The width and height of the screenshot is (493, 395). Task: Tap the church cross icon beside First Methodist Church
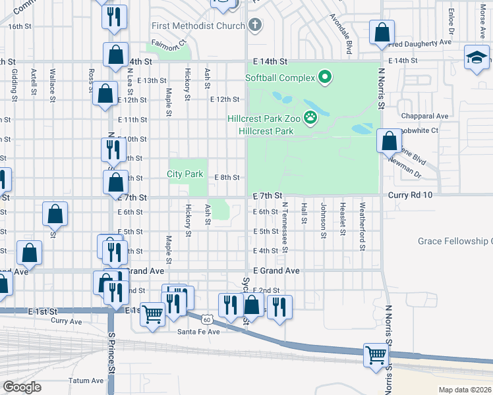[x=254, y=26]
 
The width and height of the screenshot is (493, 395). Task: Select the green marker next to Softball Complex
[x=324, y=78]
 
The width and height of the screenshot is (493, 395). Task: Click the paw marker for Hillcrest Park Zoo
[x=309, y=118]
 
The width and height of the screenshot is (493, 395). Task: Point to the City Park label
[x=185, y=174]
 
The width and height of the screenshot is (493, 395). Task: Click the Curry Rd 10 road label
[x=410, y=196]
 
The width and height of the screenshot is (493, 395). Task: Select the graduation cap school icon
[x=476, y=57]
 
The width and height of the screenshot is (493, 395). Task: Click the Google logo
[x=22, y=387]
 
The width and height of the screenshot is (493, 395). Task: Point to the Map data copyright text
[x=465, y=390]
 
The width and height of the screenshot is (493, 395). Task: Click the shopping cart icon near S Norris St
[x=376, y=355]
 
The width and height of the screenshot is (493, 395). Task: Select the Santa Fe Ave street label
[x=198, y=332]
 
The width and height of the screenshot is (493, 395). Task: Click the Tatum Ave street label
[x=86, y=381]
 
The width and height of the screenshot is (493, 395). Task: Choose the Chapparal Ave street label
[x=424, y=116]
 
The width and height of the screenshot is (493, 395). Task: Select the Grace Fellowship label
[x=455, y=242]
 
